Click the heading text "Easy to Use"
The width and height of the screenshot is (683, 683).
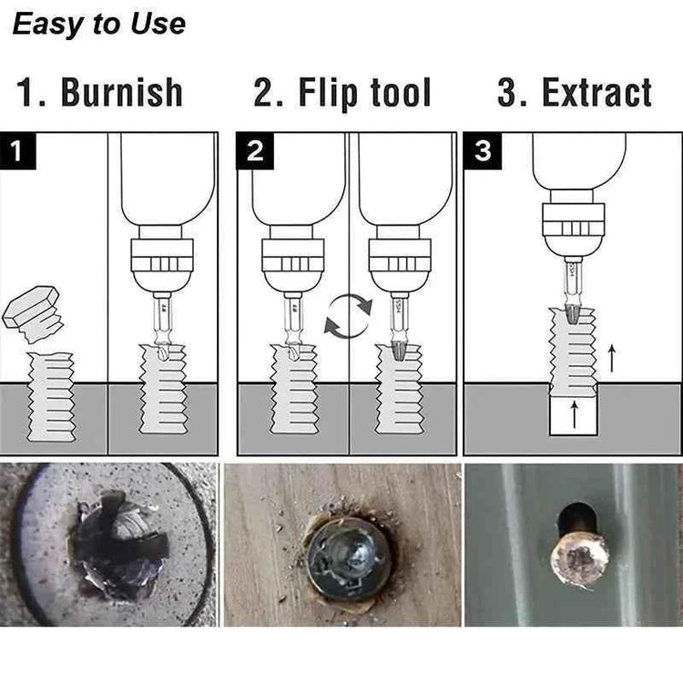click(98, 24)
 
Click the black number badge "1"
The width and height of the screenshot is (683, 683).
click(19, 151)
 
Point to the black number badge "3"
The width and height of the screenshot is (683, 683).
click(483, 151)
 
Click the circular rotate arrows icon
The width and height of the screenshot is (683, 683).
click(348, 317)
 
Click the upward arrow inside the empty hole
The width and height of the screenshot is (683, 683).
click(574, 415)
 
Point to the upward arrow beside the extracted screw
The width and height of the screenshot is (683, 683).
click(611, 359)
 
